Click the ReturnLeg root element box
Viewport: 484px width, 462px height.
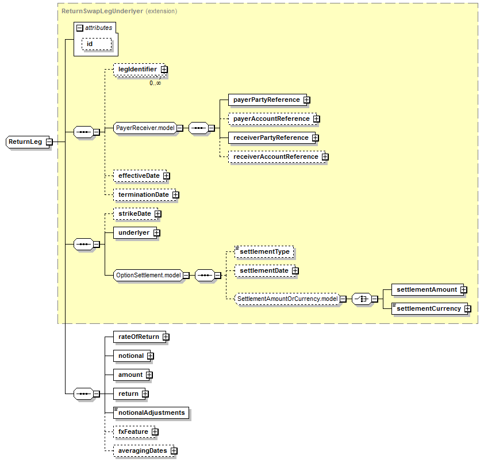[x=26, y=142]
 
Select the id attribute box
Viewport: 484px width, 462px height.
[x=90, y=44]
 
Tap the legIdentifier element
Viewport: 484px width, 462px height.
[x=137, y=69]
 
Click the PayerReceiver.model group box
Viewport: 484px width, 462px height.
[x=145, y=128]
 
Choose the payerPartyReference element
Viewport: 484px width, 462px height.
[x=266, y=100]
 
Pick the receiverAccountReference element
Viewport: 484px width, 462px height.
[x=275, y=156]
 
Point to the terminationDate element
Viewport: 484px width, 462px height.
[x=143, y=194]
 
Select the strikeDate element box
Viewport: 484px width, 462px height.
[x=135, y=213]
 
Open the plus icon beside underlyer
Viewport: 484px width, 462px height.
[x=156, y=233]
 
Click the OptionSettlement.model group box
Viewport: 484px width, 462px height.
[x=148, y=276]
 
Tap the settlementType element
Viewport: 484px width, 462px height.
[x=264, y=252]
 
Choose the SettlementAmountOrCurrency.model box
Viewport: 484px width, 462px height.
[x=287, y=299]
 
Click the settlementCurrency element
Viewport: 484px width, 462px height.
[x=428, y=308]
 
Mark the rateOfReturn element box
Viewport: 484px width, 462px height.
[x=139, y=337]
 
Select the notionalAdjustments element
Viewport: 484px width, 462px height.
[x=151, y=413]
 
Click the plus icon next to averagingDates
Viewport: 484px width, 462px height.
[x=174, y=451]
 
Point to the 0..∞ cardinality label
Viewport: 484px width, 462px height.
[x=155, y=83]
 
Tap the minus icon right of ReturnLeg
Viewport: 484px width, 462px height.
[x=49, y=142]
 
